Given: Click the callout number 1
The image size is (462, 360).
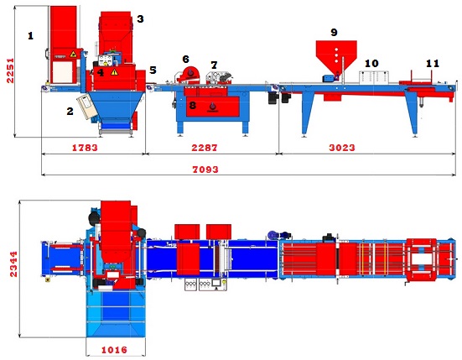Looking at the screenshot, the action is (x=31, y=36).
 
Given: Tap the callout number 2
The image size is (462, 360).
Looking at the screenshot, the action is (x=70, y=111).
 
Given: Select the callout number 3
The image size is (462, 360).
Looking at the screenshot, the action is (x=140, y=18).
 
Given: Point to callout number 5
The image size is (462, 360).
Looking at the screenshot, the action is (x=153, y=70).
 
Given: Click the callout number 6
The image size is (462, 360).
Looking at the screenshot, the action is (x=185, y=59).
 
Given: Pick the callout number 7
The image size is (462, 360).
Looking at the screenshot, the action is (x=214, y=65).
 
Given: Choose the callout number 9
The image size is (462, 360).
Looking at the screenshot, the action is (x=334, y=32).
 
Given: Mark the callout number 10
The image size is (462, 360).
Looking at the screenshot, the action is (x=371, y=64).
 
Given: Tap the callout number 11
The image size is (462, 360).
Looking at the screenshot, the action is (x=433, y=64).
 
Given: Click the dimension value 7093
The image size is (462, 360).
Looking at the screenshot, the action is (x=205, y=170).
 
